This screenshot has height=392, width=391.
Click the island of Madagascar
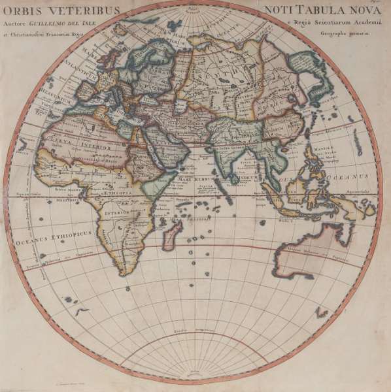(x=171, y=234)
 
